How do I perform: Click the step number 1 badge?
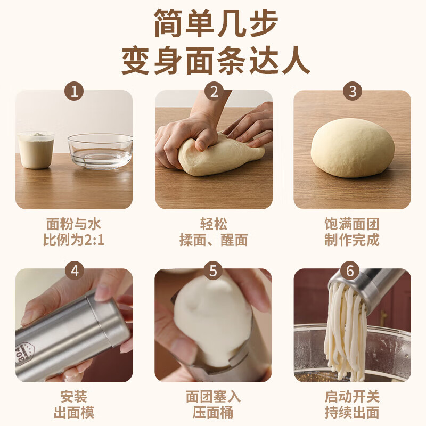(x=74, y=91)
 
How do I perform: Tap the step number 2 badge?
(x=214, y=91)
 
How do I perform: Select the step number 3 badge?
(x=352, y=91)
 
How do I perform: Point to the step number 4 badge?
(x=74, y=271)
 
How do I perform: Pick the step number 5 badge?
(x=213, y=271)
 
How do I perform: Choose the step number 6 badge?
(x=350, y=271)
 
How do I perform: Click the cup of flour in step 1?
(x=36, y=150)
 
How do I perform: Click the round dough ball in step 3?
(x=352, y=148)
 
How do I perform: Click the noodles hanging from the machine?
(x=345, y=330)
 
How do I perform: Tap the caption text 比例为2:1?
(x=74, y=240)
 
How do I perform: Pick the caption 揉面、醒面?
(x=214, y=240)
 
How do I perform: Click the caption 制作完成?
(x=352, y=240)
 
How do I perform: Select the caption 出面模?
(x=74, y=413)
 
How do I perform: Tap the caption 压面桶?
(x=213, y=413)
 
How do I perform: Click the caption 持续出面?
(x=352, y=413)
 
